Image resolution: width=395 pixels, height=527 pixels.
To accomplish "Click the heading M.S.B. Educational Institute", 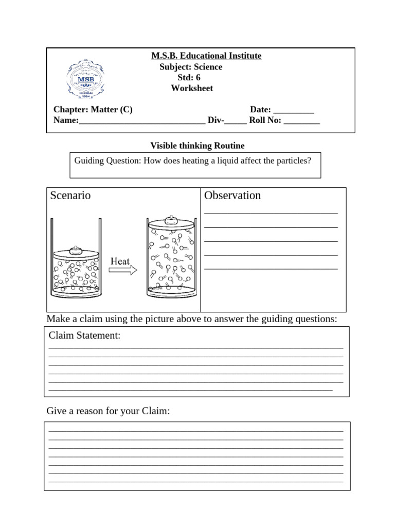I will tap(206, 56).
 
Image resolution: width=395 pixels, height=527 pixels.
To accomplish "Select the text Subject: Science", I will tap(191, 67).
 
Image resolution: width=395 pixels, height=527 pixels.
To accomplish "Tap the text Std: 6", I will tap(189, 78).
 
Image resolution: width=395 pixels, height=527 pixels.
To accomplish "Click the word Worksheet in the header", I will tap(192, 89).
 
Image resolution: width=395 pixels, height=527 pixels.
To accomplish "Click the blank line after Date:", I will tap(293, 111).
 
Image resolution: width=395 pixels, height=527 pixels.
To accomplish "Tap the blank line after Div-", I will tap(236, 122).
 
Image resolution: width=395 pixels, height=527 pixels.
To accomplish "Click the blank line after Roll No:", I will tap(301, 122).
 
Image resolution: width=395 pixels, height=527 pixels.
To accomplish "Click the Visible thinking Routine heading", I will tap(197, 146).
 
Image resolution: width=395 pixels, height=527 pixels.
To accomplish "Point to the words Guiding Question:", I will tap(107, 161).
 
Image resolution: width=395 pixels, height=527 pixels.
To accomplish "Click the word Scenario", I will tap(70, 196).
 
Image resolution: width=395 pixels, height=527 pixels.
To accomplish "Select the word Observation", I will tap(232, 196).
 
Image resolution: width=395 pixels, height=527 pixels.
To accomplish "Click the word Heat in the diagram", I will tap(120, 261).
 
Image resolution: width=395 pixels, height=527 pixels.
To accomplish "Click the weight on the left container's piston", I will tap(76, 249).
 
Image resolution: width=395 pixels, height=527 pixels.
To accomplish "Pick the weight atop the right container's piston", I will tap(172, 220).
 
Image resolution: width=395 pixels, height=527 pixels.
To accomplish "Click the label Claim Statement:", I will tap(85, 336).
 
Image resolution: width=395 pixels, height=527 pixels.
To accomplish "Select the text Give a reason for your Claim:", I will tap(108, 411).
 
